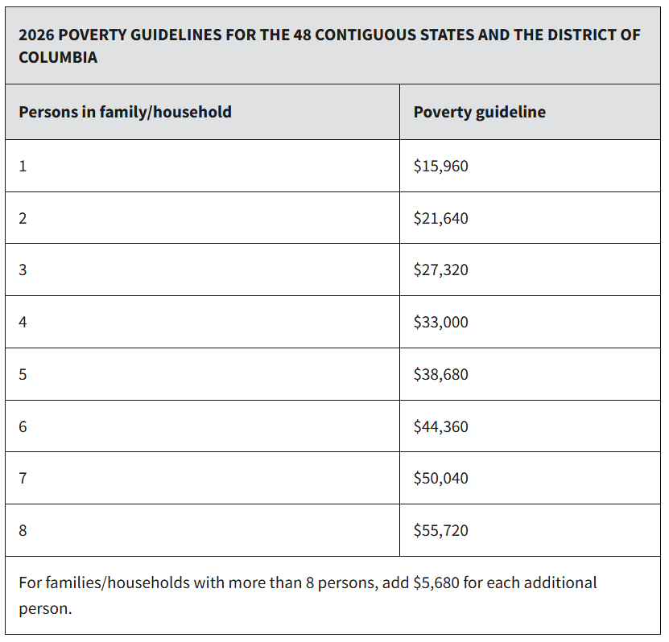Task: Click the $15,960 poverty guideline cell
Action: pyautogui.click(x=440, y=167)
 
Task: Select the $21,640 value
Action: pyautogui.click(x=440, y=218)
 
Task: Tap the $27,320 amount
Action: pyautogui.click(x=440, y=270)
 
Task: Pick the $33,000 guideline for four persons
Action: pyautogui.click(x=440, y=322)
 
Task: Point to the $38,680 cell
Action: pyautogui.click(x=440, y=374)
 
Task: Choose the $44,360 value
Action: pyautogui.click(x=440, y=426)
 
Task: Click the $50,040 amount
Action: pyautogui.click(x=440, y=478)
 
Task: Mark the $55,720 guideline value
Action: pyautogui.click(x=440, y=530)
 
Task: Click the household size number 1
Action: pyautogui.click(x=23, y=167)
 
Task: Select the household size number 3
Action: pyautogui.click(x=23, y=270)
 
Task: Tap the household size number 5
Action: pyautogui.click(x=23, y=374)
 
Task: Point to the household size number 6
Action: pyautogui.click(x=23, y=426)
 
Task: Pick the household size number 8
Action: pyautogui.click(x=23, y=530)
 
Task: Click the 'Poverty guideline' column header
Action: pyautogui.click(x=479, y=112)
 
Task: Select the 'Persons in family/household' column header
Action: pyautogui.click(x=125, y=112)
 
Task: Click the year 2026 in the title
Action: pyautogui.click(x=35, y=35)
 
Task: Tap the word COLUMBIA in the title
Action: pyautogui.click(x=58, y=58)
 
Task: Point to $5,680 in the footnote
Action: pyautogui.click(x=436, y=582)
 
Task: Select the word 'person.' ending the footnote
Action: pyautogui.click(x=45, y=608)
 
